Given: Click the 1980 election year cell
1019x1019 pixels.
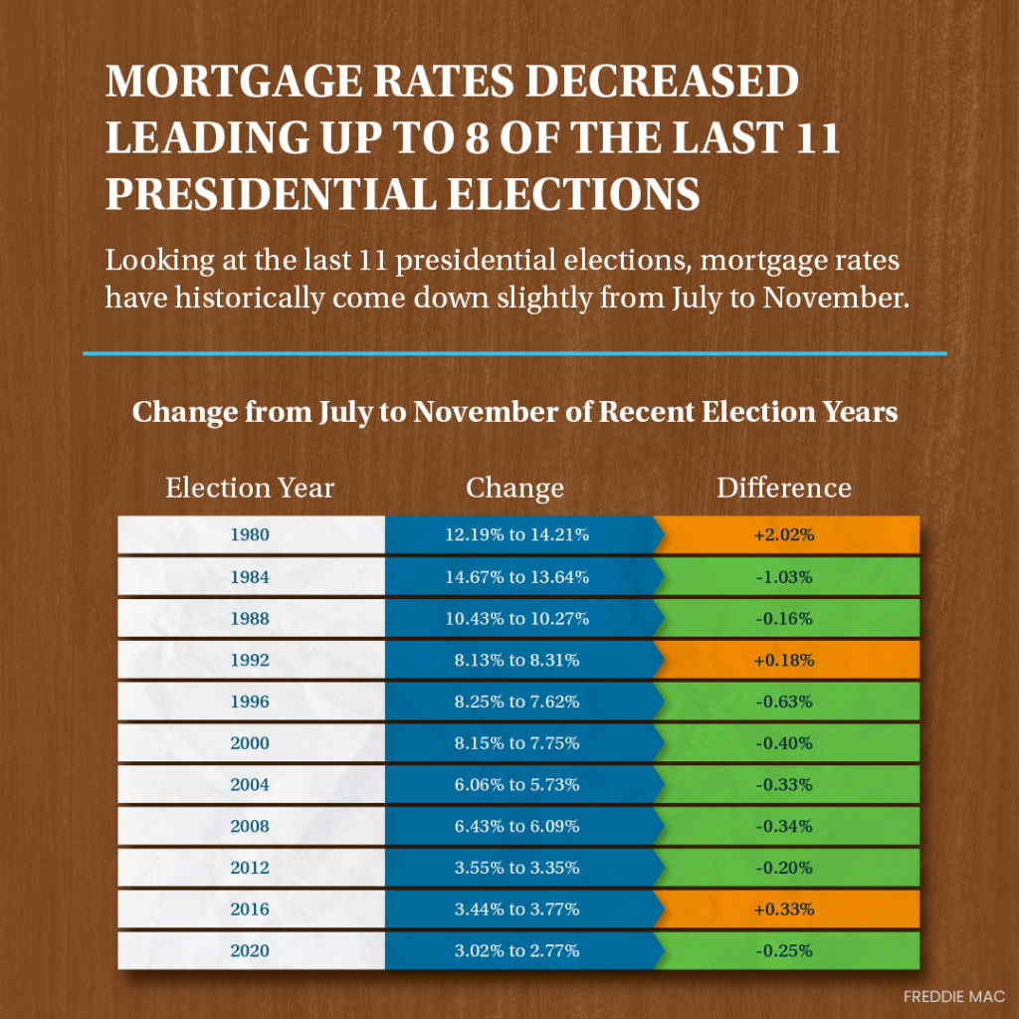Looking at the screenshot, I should pos(250,534).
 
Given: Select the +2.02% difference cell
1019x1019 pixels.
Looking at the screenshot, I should pos(784,534).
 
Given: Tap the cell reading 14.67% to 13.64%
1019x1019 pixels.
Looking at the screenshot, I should pos(516,576).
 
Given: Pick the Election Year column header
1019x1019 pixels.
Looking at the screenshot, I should pos(250,488).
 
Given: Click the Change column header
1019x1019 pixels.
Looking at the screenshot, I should pos(514,488).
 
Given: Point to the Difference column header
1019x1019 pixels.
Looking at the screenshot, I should pos(784,488).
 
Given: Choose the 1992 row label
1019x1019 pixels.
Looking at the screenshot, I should pos(250,660).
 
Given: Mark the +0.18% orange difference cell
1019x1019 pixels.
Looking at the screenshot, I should pos(784,660).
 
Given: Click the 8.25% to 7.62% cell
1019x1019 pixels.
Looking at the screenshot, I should pos(516,702).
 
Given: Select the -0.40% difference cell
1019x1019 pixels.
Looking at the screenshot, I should pos(784,743).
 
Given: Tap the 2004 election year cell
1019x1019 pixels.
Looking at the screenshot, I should pos(250,785).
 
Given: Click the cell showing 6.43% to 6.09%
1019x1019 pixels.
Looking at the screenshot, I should pos(516,826).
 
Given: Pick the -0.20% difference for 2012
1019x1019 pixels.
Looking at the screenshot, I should pos(784,868).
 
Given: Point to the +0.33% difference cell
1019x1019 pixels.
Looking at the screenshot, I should pos(784,910).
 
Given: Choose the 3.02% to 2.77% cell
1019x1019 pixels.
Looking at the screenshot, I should pos(516,950).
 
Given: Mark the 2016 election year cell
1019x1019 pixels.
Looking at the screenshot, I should pos(250,910).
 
